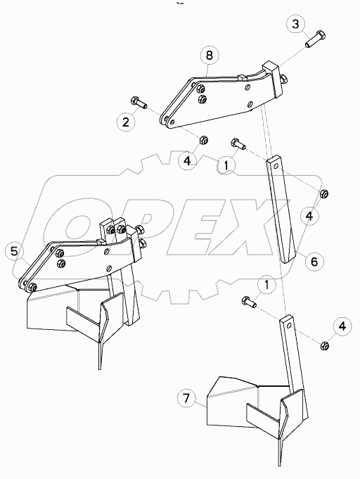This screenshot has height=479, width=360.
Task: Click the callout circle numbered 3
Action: click(x=297, y=25)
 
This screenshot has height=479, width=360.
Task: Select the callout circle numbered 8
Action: click(x=208, y=54)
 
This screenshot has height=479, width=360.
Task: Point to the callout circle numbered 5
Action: click(x=14, y=250)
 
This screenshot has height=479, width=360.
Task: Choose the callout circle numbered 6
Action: click(x=314, y=261)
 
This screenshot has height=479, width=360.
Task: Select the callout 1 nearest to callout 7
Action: click(x=266, y=284)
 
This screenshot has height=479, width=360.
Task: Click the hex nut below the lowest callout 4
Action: click(x=326, y=345)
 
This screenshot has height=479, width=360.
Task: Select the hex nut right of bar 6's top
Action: click(x=325, y=193)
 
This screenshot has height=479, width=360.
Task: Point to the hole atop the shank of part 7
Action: click(x=286, y=324)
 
